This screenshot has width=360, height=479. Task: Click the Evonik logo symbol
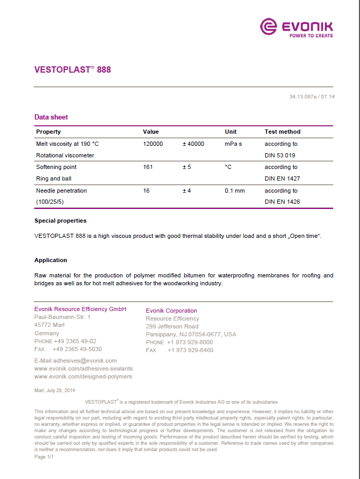coord(269,26)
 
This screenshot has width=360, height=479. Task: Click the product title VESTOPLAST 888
coord(73,69)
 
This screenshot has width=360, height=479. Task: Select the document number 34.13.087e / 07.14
coord(312,97)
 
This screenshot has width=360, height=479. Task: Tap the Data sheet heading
coord(51,117)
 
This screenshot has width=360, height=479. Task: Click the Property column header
coord(48,132)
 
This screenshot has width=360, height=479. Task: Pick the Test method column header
coord(282,132)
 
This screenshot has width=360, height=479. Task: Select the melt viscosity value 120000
coord(153,144)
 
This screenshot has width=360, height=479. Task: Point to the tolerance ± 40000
coord(193,144)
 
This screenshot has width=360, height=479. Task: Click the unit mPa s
coord(233,144)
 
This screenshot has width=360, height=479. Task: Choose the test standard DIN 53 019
coord(280,155)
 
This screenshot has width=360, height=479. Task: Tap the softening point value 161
coord(148,167)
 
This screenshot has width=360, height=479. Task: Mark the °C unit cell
coord(228,167)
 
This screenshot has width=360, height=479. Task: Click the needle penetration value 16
coord(146,191)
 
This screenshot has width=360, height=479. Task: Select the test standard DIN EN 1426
coord(282,202)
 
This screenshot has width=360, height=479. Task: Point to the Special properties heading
coord(61,221)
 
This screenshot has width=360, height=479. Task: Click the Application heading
coord(51,260)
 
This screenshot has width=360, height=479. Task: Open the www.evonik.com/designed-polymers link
coord(83,376)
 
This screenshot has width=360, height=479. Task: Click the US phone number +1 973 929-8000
coord(190,342)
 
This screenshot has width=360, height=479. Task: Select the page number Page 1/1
coord(44,457)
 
